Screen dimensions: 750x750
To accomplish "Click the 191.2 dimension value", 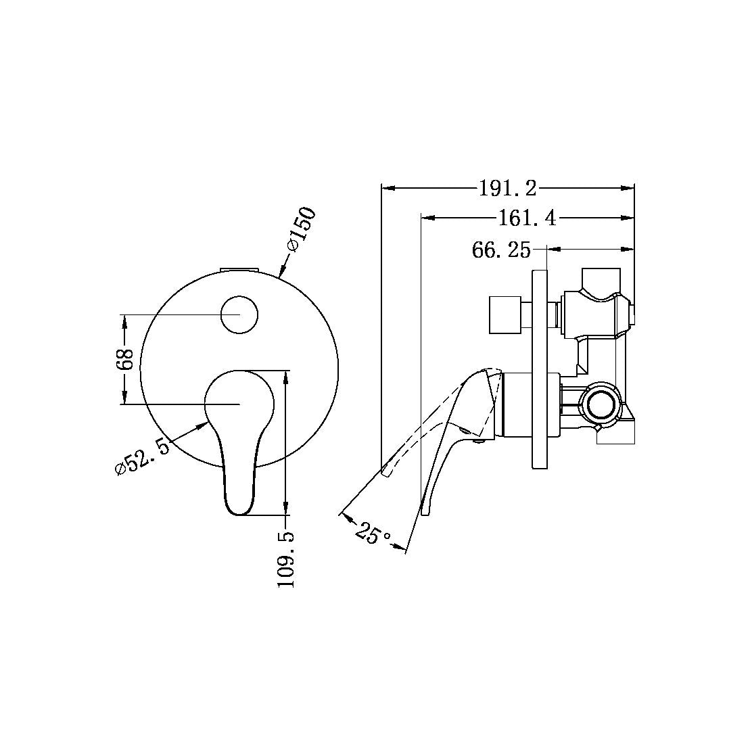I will click(507, 189).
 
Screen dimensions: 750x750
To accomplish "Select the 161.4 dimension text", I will click(527, 218).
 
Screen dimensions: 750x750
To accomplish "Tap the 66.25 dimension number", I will click(500, 250).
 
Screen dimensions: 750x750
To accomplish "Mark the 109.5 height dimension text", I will click(286, 559).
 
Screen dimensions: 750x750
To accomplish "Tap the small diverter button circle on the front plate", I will click(239, 314).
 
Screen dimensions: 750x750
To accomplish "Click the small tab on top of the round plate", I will click(239, 270).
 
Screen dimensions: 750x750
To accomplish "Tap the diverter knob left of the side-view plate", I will click(504, 314).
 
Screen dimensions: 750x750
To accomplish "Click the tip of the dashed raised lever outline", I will click(385, 474).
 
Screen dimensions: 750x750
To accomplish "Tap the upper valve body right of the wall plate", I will click(595, 311).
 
